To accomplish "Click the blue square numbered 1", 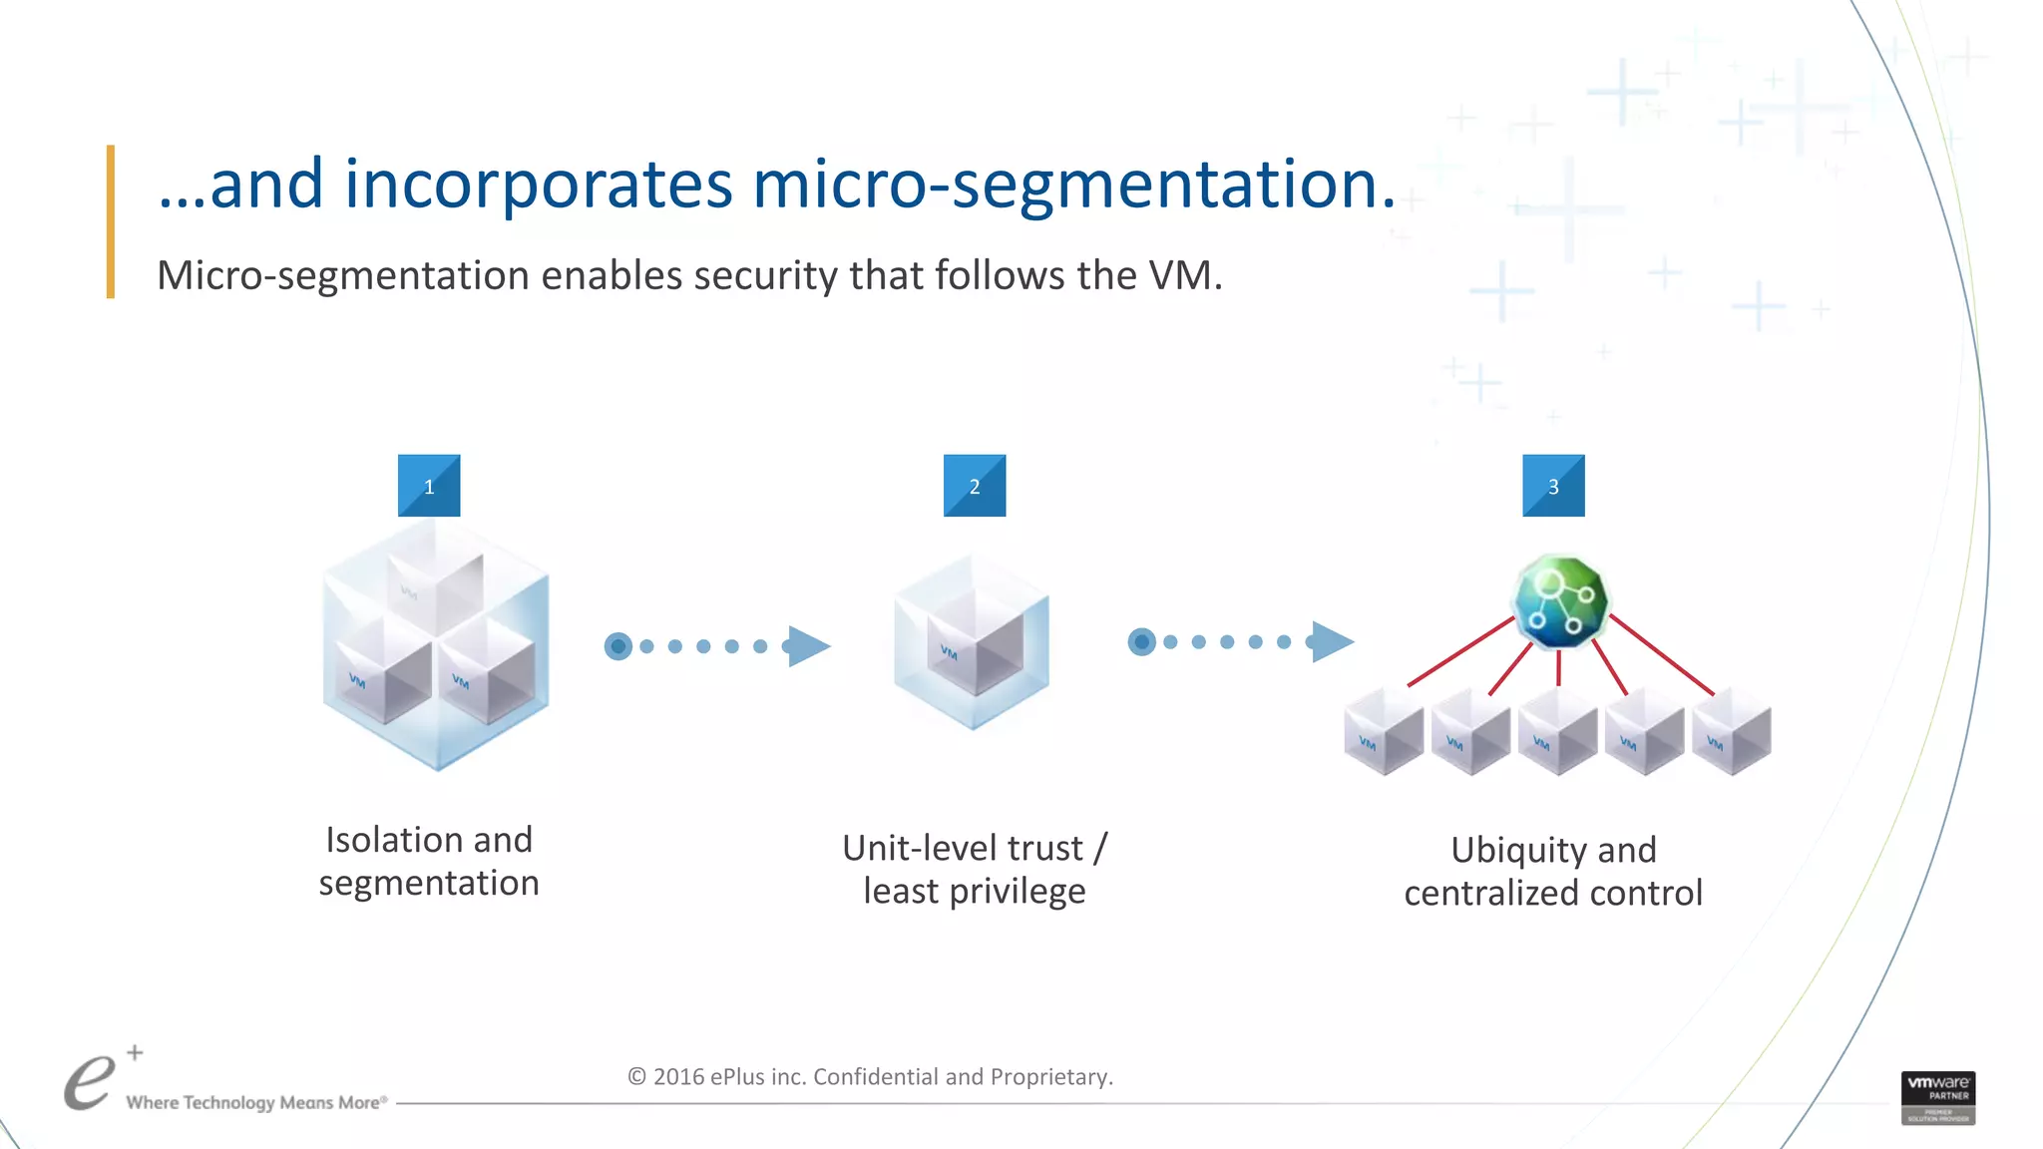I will pos(429,486).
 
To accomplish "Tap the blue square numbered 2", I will pos(975,486).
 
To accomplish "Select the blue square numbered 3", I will pos(1553,486).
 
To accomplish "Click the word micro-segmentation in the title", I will pos(1073,185).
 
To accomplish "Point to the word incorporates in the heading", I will pos(539,185).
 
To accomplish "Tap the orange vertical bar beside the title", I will pos(111,221).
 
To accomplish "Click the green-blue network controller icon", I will pos(1560,601).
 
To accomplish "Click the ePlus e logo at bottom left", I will pos(90,1082).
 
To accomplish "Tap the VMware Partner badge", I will pos(1937,1097).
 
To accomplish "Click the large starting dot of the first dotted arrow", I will pos(618,646).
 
